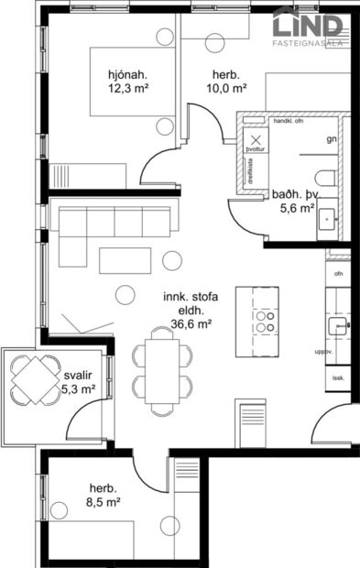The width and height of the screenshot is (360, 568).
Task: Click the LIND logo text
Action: [312, 23]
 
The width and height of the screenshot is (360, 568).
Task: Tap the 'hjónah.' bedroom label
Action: [127, 74]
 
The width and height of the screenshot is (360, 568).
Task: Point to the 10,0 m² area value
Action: [225, 89]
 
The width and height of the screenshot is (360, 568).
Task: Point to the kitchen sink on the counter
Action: [338, 324]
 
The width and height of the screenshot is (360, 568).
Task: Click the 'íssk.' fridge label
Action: [338, 376]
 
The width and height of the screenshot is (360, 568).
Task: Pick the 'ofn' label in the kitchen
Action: [338, 274]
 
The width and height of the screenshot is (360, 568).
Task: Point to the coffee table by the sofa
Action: [127, 261]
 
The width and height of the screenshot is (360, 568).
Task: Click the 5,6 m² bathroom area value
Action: [296, 208]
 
